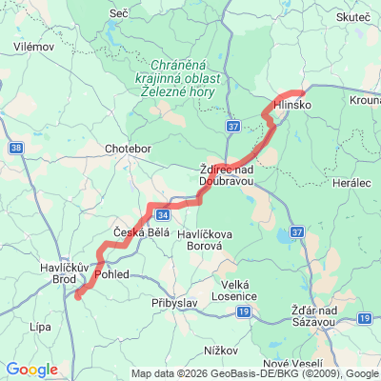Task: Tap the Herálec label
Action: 348,181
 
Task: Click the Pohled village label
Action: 112,274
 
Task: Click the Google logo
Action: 31,370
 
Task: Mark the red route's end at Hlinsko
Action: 302,92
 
